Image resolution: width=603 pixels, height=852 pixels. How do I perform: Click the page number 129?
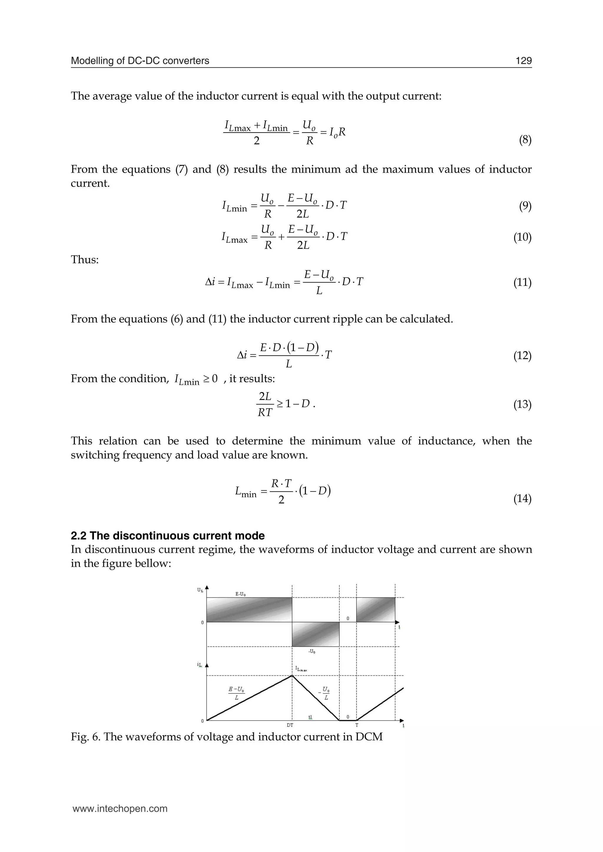point(523,61)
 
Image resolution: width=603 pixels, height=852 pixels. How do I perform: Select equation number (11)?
point(522,283)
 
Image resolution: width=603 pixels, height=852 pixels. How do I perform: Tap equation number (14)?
point(522,499)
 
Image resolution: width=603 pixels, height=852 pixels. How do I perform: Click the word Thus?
point(85,259)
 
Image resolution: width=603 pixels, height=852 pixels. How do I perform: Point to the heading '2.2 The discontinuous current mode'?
point(168,535)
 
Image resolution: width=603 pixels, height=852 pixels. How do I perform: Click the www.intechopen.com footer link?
point(120,808)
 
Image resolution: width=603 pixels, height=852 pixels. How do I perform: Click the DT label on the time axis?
point(290,725)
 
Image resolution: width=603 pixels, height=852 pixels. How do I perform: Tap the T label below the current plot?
point(357,725)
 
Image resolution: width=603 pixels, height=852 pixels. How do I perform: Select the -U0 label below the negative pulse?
point(312,651)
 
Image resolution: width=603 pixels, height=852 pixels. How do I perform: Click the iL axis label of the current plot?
point(200,665)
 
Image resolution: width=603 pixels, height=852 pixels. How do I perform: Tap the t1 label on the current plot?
point(310,717)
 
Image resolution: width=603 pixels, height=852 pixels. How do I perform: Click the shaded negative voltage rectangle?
point(316,634)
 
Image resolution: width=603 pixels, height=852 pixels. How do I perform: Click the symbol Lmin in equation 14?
point(246,493)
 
